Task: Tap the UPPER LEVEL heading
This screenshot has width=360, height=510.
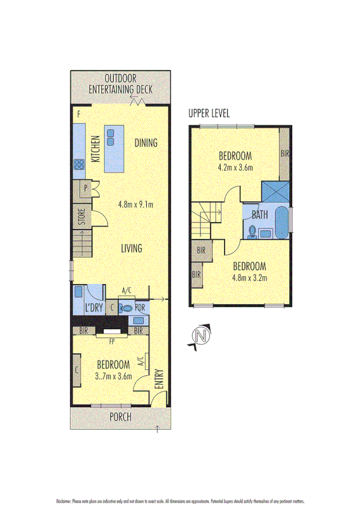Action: pos(209,113)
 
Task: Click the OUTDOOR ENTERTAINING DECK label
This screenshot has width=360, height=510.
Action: pos(120,84)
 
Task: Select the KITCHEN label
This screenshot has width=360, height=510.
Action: pos(95,149)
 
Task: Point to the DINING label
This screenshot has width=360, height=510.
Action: pos(145,143)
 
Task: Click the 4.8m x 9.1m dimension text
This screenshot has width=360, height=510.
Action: pos(135,203)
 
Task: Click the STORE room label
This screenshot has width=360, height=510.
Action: pos(81,217)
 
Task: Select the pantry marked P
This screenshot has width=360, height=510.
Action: pos(85,188)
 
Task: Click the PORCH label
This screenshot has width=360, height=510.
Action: pos(121,417)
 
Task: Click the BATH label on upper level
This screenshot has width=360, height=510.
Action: pos(260,214)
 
